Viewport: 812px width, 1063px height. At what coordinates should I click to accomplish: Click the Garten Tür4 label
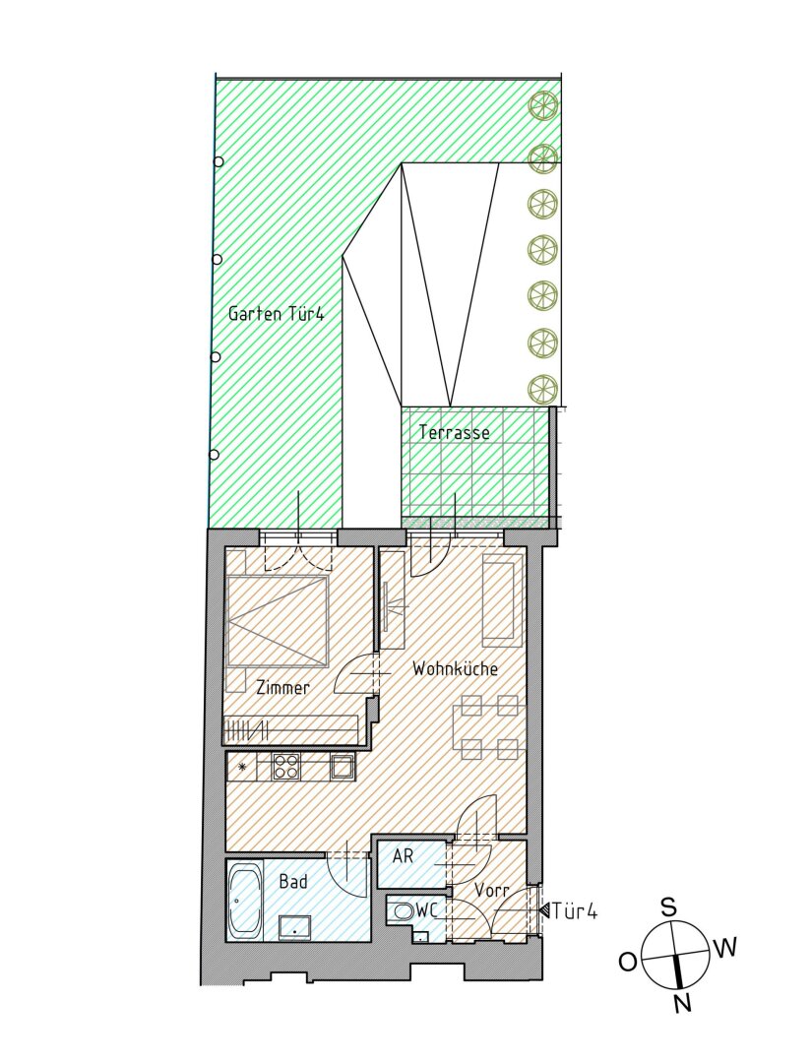coord(276,315)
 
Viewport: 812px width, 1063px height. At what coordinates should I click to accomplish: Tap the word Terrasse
coord(454,432)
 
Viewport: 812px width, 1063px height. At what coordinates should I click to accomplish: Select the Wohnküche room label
coord(455,669)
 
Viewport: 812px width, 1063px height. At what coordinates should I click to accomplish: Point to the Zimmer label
coord(281,688)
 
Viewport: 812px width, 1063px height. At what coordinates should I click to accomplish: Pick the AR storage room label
coord(403,856)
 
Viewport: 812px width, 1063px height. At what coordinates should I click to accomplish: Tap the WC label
coord(426,911)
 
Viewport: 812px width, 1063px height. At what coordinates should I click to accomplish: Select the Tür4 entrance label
coord(576,911)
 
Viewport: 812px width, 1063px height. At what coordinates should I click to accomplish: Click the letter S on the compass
coord(667,907)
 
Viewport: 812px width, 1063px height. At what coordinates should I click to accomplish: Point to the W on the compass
coord(724,948)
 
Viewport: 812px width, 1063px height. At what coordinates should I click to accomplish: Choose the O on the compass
coord(627,962)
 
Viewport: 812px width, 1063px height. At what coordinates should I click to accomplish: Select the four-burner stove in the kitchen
coord(285,766)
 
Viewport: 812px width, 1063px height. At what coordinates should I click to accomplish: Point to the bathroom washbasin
coord(295,926)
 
